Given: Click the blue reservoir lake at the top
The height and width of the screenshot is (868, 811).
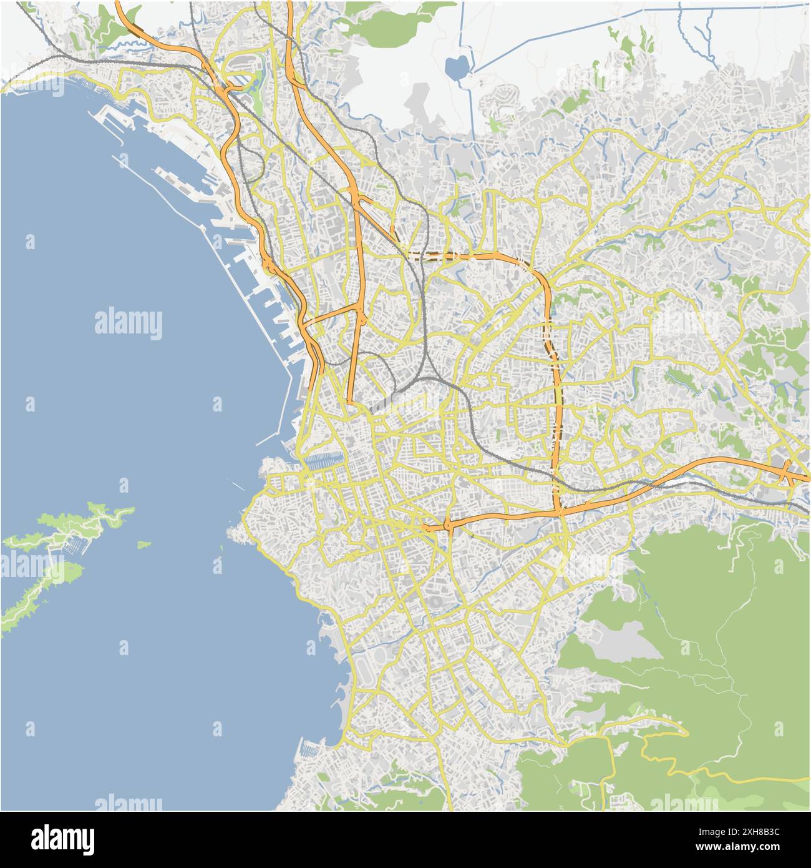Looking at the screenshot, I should click(x=457, y=67).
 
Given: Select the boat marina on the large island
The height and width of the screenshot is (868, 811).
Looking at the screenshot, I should click(x=74, y=545).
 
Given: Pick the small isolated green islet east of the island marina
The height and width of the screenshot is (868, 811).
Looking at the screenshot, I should click(x=143, y=545).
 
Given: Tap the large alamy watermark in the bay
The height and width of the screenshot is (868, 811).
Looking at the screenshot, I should click(x=129, y=323).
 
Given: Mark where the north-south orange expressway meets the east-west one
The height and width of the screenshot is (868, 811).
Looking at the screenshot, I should click(x=558, y=511).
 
